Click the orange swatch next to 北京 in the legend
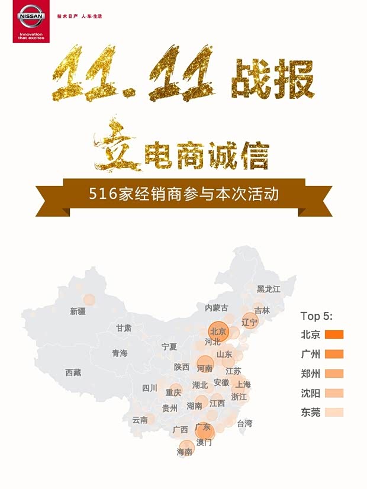point(334,334)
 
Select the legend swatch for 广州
point(334,354)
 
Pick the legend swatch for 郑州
point(334,374)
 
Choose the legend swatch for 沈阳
point(334,393)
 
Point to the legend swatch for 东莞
point(334,413)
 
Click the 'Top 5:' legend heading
point(317,315)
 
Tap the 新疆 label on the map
point(78,311)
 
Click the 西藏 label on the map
point(73,372)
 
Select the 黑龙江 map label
point(268,289)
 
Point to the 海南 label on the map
point(185,451)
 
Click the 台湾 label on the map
point(244,423)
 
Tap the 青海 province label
point(120,353)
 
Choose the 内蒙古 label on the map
point(216,307)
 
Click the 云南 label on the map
point(140,420)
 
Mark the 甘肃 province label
point(124,327)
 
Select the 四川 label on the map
point(150,388)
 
